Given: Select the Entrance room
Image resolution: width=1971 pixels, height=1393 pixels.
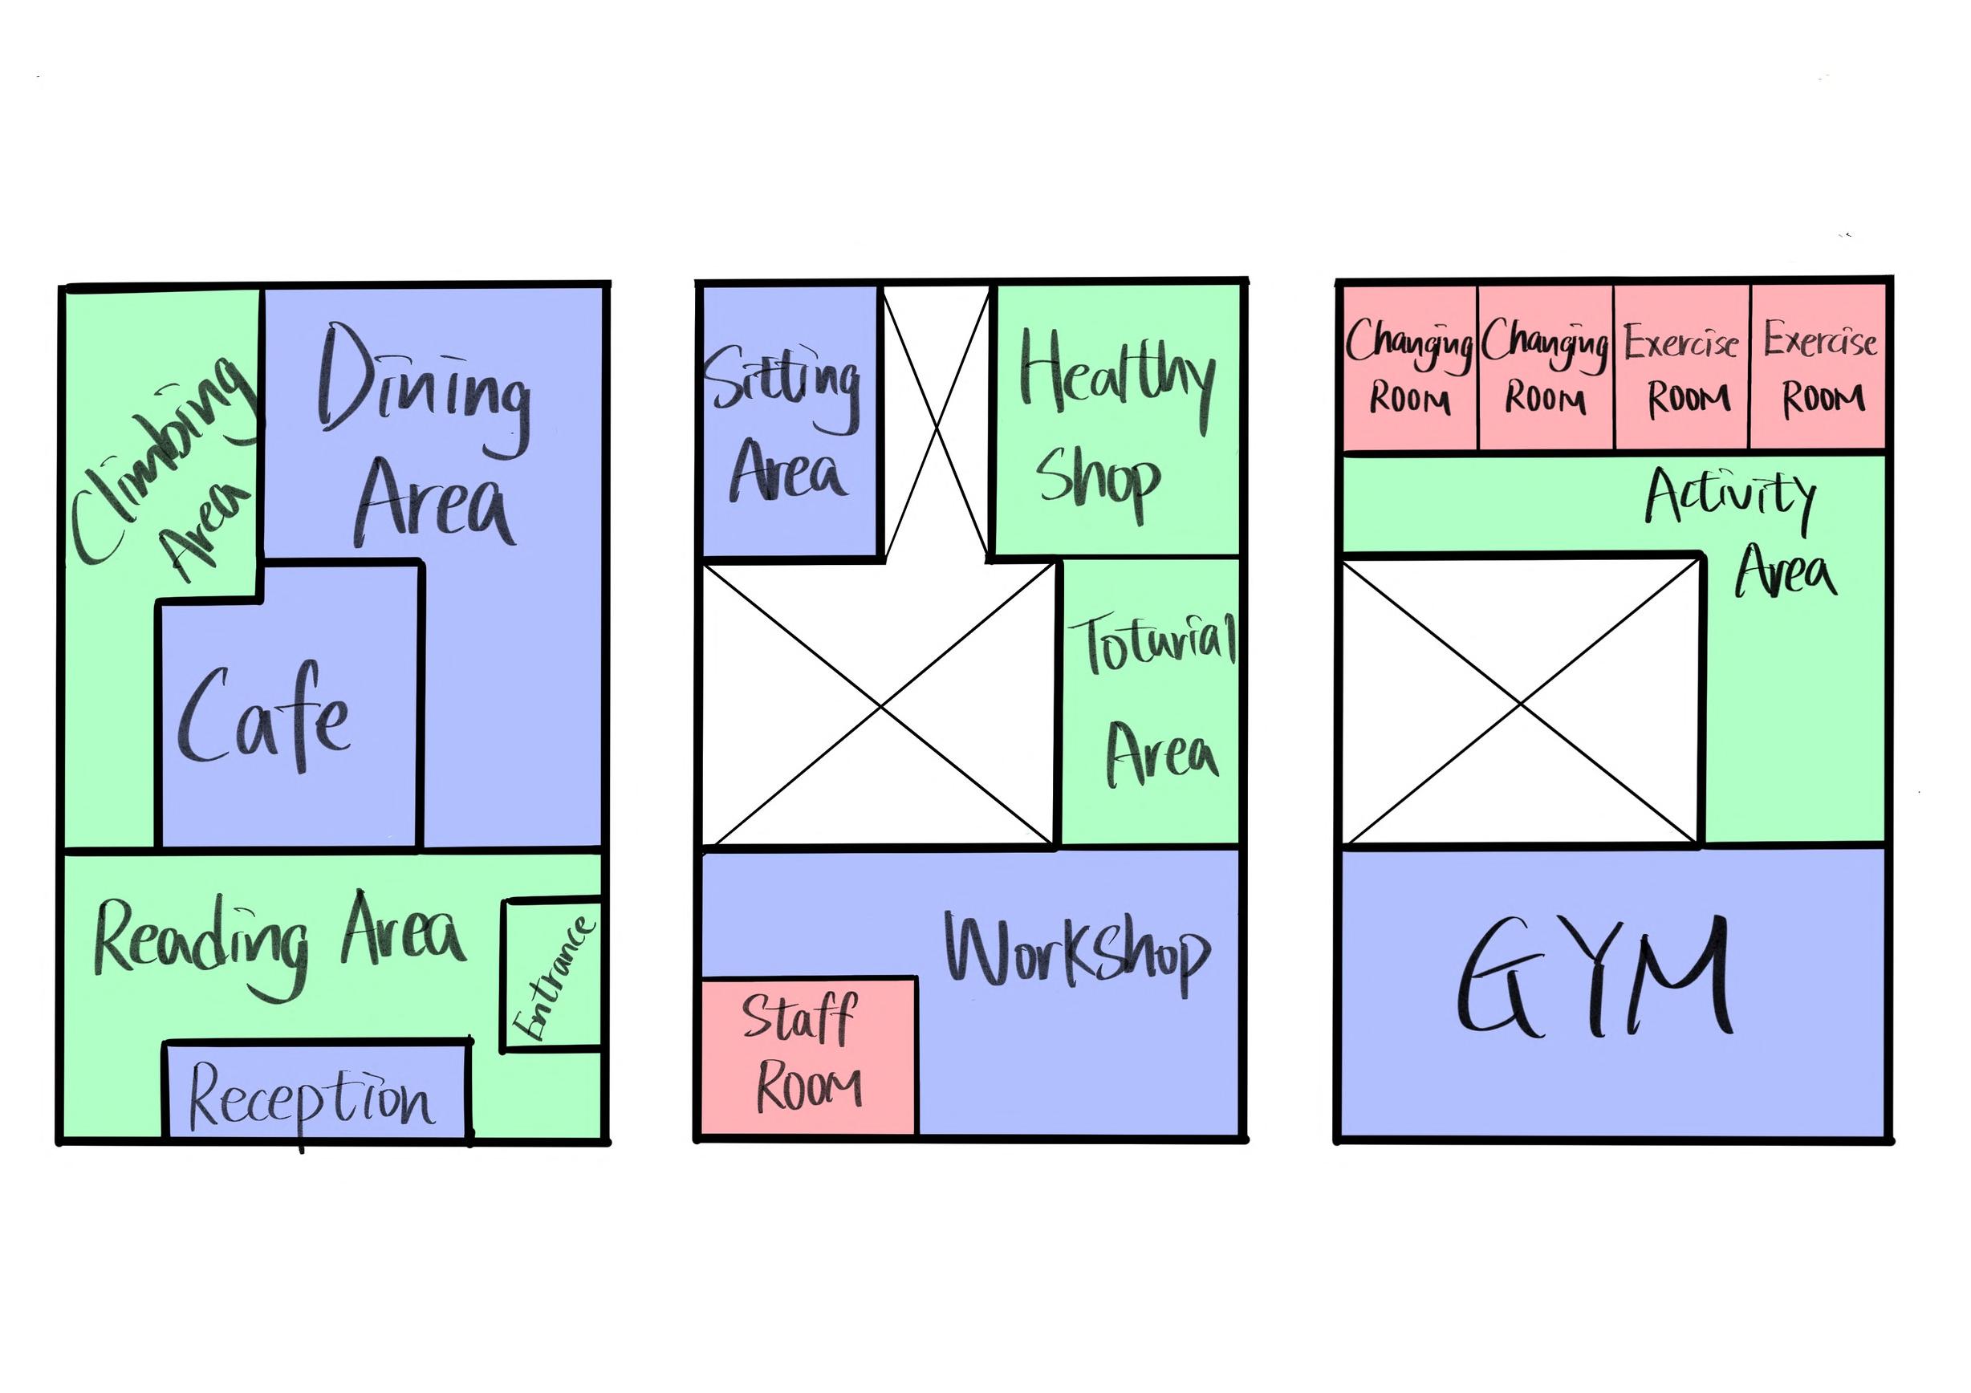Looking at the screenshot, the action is click(552, 976).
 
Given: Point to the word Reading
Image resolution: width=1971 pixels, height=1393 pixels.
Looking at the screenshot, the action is click(201, 942).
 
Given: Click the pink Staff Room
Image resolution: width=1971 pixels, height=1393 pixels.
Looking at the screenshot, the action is click(807, 1057).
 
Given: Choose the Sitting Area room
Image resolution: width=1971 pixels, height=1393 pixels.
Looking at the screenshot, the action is click(790, 420).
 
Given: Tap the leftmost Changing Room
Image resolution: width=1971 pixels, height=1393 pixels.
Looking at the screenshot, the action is click(1409, 368).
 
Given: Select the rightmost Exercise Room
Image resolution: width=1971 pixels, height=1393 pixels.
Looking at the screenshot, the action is click(1819, 368).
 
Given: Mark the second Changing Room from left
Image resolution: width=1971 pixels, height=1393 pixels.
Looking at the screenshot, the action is click(1545, 368).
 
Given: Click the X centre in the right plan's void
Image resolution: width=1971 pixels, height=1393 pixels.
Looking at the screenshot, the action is click(1521, 703).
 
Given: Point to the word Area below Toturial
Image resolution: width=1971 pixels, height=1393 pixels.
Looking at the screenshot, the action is click(1160, 753).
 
